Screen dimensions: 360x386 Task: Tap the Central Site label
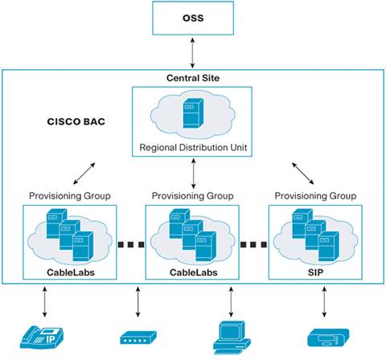click(193, 79)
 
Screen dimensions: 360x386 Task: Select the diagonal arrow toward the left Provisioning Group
click(84, 171)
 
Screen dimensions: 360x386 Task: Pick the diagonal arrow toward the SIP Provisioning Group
click(304, 170)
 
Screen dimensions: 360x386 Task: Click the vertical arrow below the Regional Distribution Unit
click(193, 173)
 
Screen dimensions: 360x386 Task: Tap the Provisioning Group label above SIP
click(316, 195)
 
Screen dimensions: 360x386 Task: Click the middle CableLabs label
click(193, 273)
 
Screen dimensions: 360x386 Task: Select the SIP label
click(316, 273)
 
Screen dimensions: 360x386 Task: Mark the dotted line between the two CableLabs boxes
click(131, 243)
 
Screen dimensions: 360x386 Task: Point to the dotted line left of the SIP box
click(254, 243)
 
